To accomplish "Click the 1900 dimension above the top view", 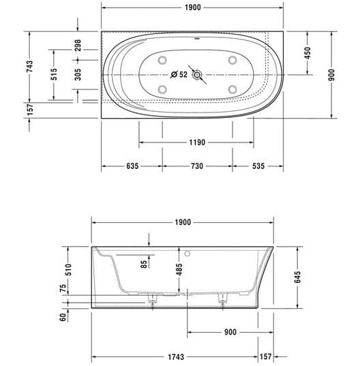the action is click(x=192, y=7).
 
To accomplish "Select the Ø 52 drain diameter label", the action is click(x=179, y=74).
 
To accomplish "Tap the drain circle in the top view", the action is click(x=197, y=75).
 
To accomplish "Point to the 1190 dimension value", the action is click(x=197, y=142).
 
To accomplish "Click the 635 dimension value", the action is click(x=132, y=166).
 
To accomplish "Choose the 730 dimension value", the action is click(x=197, y=166).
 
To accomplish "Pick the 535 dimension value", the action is click(x=258, y=166).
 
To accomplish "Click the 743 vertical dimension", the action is click(x=29, y=66).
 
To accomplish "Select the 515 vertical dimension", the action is click(x=54, y=74).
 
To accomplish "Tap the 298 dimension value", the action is click(x=78, y=45).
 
